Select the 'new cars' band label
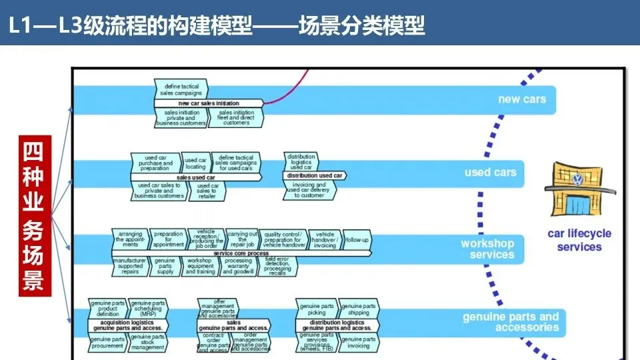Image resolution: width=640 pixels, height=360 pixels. click(521, 99)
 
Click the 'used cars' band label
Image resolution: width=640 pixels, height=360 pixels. click(490, 172)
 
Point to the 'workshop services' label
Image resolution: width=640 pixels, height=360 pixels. click(487, 249)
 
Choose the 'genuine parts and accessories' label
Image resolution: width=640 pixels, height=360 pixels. click(511, 322)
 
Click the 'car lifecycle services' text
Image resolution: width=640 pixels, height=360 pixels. click(579, 240)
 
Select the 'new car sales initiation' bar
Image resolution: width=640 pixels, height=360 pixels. click(209, 103)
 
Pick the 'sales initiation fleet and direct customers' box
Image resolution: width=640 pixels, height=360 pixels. click(236, 117)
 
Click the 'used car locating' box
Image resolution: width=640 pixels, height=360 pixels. click(195, 163)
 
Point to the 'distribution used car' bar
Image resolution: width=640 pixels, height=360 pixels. click(313, 175)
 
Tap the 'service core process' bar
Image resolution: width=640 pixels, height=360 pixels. click(241, 253)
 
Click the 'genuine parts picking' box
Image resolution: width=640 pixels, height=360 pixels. click(317, 309)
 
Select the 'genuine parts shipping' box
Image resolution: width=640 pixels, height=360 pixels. click(359, 309)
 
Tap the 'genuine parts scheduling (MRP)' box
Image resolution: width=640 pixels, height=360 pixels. click(148, 309)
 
